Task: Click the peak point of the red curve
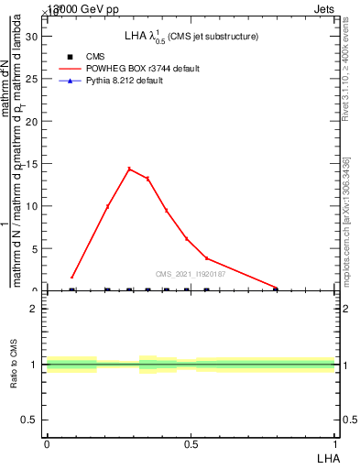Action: (129, 169)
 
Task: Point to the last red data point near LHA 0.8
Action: (276, 288)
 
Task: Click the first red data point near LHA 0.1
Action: (72, 277)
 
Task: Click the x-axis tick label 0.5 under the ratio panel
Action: (191, 443)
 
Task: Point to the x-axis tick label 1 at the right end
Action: (335, 443)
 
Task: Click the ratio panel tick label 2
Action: (35, 309)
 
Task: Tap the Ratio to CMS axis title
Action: (15, 365)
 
